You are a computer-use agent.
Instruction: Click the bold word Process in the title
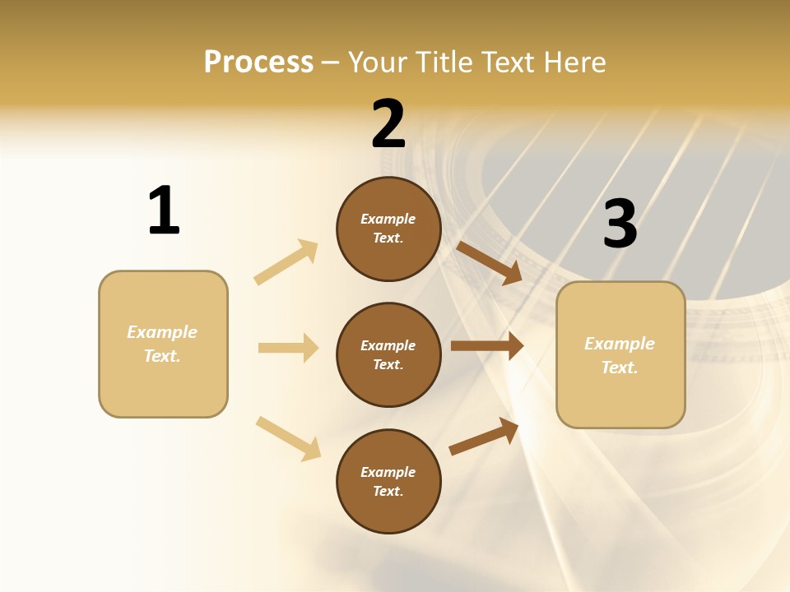point(258,62)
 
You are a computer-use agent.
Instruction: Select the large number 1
point(164,210)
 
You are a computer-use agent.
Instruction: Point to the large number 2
point(388,124)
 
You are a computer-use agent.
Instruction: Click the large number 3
point(620,224)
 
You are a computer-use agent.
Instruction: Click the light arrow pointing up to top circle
point(286,261)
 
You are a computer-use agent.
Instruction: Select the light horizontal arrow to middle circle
point(288,348)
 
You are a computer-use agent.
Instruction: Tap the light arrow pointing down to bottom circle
point(288,438)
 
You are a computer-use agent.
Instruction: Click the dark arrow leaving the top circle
point(489,262)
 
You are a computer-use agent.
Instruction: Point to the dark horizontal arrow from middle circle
point(486,346)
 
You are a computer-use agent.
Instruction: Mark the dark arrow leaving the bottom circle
point(484,436)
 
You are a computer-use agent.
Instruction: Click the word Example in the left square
point(162,332)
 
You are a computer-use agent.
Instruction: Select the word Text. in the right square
point(620,368)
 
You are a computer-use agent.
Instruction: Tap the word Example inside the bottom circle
point(388,472)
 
